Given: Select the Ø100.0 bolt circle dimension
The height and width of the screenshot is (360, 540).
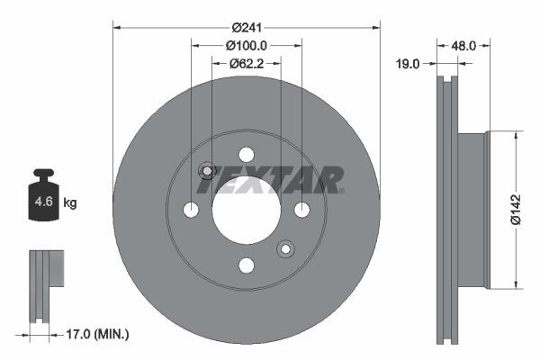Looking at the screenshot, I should click(247, 45).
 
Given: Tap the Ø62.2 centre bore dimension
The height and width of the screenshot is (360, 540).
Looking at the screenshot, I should click(247, 63).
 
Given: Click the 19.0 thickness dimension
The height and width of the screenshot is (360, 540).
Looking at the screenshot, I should click(409, 63).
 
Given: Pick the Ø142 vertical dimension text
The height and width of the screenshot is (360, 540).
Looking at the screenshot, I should click(516, 209).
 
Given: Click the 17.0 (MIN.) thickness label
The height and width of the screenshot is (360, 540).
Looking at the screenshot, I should click(98, 334).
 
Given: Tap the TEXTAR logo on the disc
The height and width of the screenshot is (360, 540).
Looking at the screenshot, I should click(269, 180).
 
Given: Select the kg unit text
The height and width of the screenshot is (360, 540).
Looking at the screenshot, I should click(70, 203).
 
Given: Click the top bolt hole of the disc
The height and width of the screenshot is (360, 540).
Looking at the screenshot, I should click(247, 154).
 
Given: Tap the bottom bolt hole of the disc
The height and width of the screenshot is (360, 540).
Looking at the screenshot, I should click(247, 265).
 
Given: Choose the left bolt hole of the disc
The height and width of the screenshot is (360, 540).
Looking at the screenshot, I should click(191, 210).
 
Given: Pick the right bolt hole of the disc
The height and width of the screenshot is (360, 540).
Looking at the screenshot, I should click(301, 210).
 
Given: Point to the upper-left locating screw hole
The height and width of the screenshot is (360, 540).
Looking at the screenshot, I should click(206, 170).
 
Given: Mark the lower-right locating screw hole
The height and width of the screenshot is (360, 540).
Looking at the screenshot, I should click(286, 248).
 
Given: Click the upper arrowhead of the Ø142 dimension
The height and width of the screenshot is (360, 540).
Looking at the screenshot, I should click(516, 136).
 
